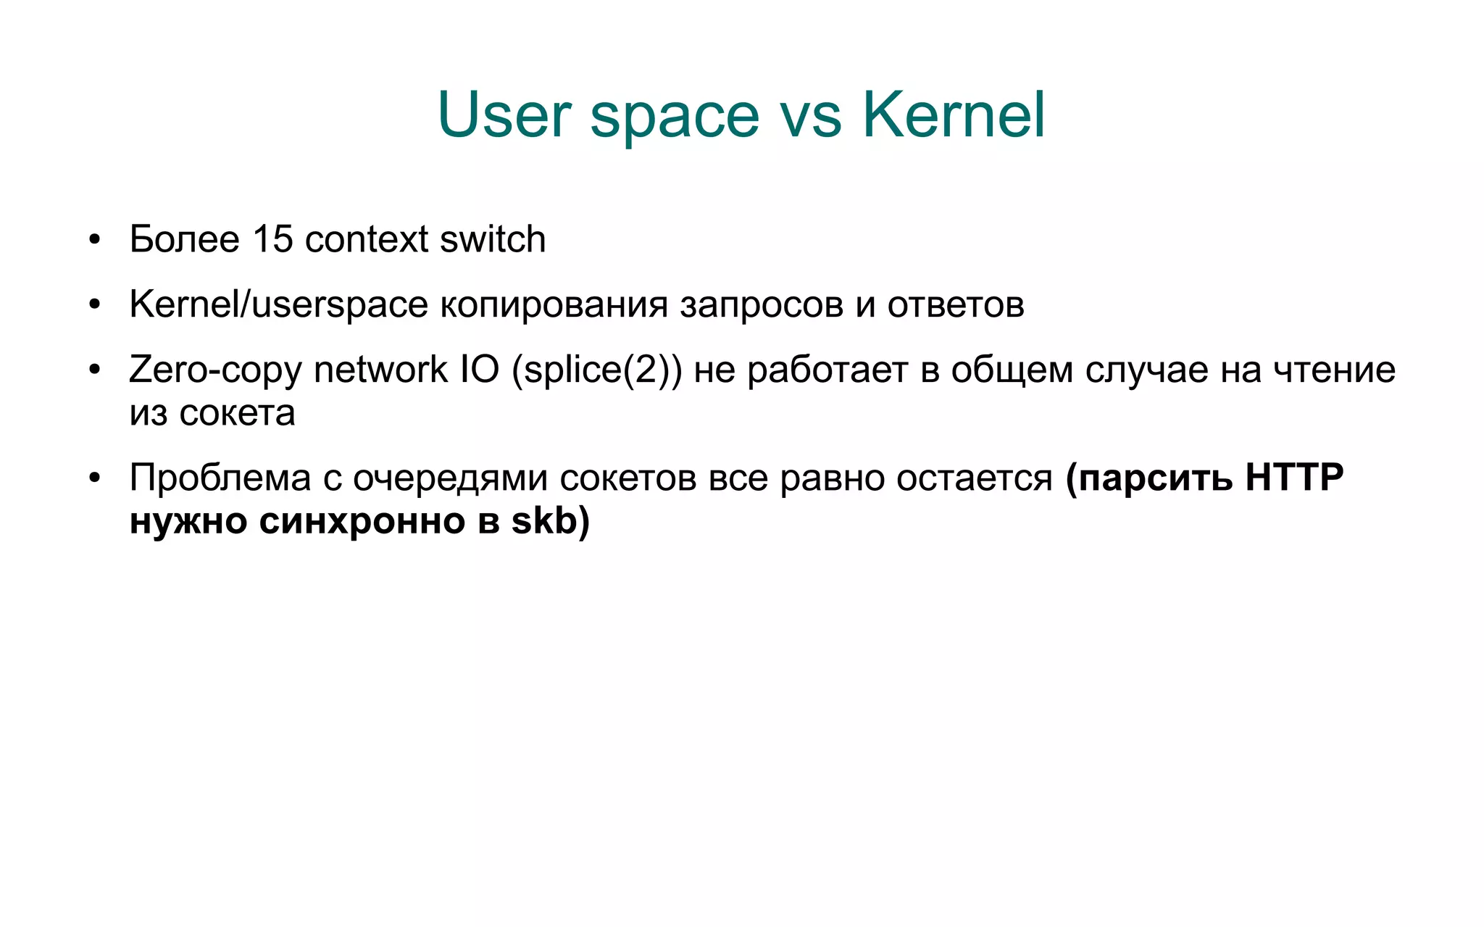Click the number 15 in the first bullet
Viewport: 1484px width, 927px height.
pyautogui.click(x=272, y=239)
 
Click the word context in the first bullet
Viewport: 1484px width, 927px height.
pyautogui.click(x=367, y=240)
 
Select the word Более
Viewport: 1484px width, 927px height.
pyautogui.click(x=184, y=239)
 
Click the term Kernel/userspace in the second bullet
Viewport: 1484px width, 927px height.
pyautogui.click(x=278, y=304)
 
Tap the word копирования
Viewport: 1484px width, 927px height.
pyautogui.click(x=554, y=305)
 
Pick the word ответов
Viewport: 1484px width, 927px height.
pyautogui.click(x=956, y=305)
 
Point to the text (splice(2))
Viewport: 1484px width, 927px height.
pyautogui.click(x=596, y=370)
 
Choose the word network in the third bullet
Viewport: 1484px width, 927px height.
pyautogui.click(x=380, y=370)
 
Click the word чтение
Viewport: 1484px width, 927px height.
pyautogui.click(x=1334, y=370)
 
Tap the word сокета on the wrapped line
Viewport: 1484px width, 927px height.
pyautogui.click(x=237, y=414)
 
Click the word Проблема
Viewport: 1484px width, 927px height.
pyautogui.click(x=220, y=478)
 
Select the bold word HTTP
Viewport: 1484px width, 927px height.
pyautogui.click(x=1294, y=478)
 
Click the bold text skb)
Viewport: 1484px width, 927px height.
pyautogui.click(x=551, y=521)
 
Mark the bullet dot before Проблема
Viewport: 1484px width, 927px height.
pyautogui.click(x=94, y=479)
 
